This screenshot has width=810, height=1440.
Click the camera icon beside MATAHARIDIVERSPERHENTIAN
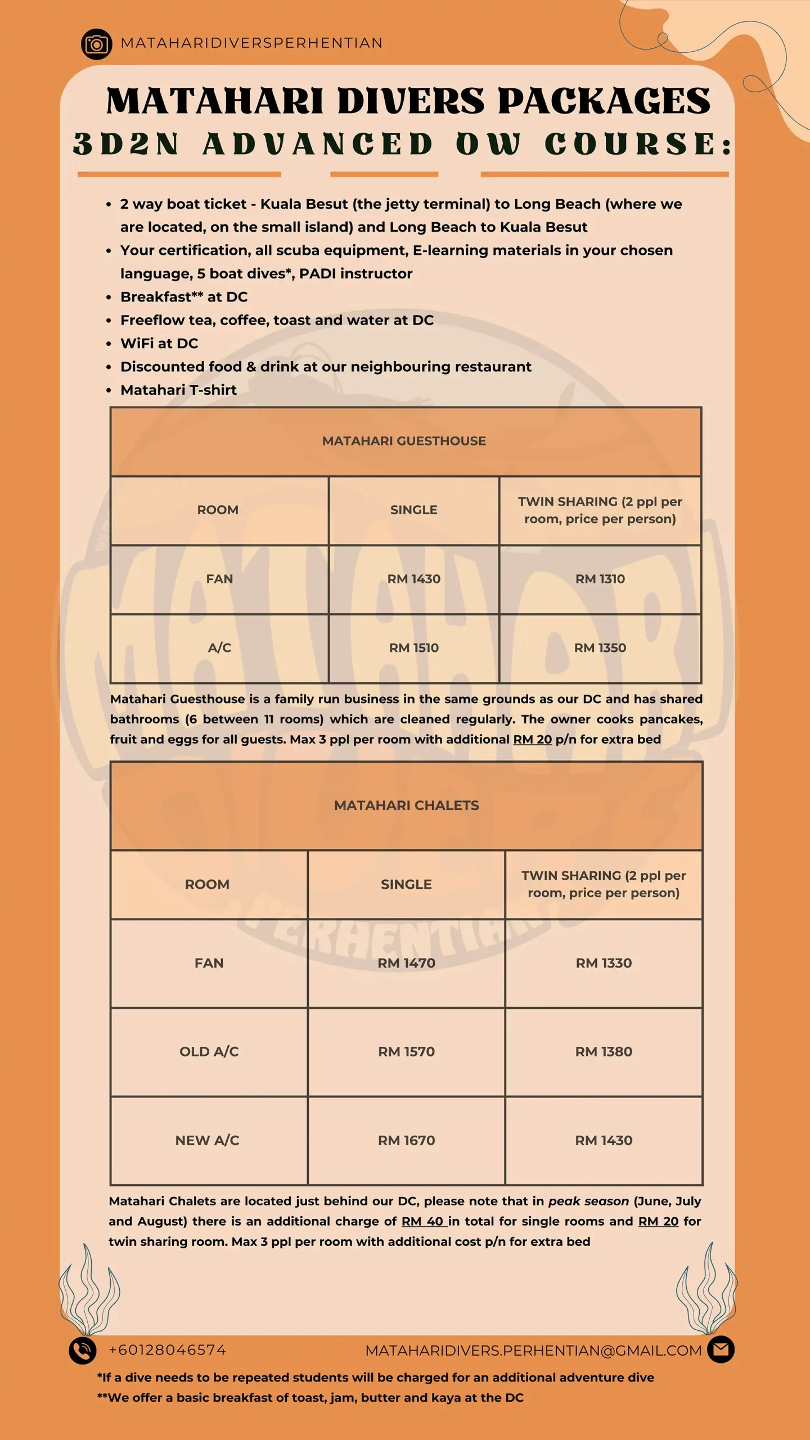tap(96, 44)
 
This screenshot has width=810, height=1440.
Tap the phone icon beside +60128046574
tap(83, 1350)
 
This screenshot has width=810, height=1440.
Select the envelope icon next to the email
tap(721, 1349)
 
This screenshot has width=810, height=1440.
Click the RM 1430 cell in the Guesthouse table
tap(414, 579)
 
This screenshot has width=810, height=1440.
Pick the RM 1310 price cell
tap(600, 579)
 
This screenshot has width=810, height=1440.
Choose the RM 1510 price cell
tap(414, 648)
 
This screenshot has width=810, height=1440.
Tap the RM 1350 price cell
tap(600, 648)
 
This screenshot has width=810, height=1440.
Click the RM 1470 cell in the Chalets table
tap(406, 963)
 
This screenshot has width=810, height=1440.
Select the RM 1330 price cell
tap(604, 963)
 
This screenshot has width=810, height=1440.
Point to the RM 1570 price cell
tap(406, 1052)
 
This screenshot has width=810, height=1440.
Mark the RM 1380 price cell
tap(604, 1052)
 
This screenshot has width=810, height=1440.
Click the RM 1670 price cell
tap(406, 1141)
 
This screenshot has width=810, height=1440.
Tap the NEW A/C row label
tap(208, 1141)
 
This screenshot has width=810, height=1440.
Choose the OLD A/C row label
tap(209, 1052)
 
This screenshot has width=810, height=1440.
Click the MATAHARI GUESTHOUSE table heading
tap(404, 441)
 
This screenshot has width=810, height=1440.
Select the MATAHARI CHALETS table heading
tap(406, 805)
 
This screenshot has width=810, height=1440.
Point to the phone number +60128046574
tap(168, 1350)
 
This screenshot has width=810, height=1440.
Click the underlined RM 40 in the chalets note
tap(422, 1221)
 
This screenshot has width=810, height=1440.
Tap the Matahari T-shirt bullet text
tap(178, 390)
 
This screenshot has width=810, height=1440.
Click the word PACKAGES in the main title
tap(604, 101)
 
